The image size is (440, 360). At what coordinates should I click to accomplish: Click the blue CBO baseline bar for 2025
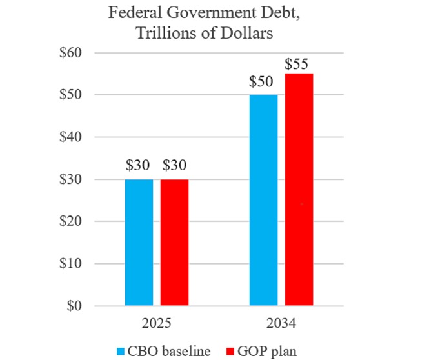coord(139,242)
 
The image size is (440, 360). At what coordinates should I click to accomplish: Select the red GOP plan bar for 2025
coord(174,242)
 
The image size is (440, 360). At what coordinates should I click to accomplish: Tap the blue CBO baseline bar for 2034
coord(263,200)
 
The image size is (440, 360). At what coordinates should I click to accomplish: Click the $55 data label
coord(299,65)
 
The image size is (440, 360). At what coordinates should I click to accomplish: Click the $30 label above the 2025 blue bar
coord(139,166)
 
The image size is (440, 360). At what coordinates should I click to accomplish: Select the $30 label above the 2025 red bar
coord(174,166)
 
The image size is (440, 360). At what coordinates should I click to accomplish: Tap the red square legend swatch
coord(230,351)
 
